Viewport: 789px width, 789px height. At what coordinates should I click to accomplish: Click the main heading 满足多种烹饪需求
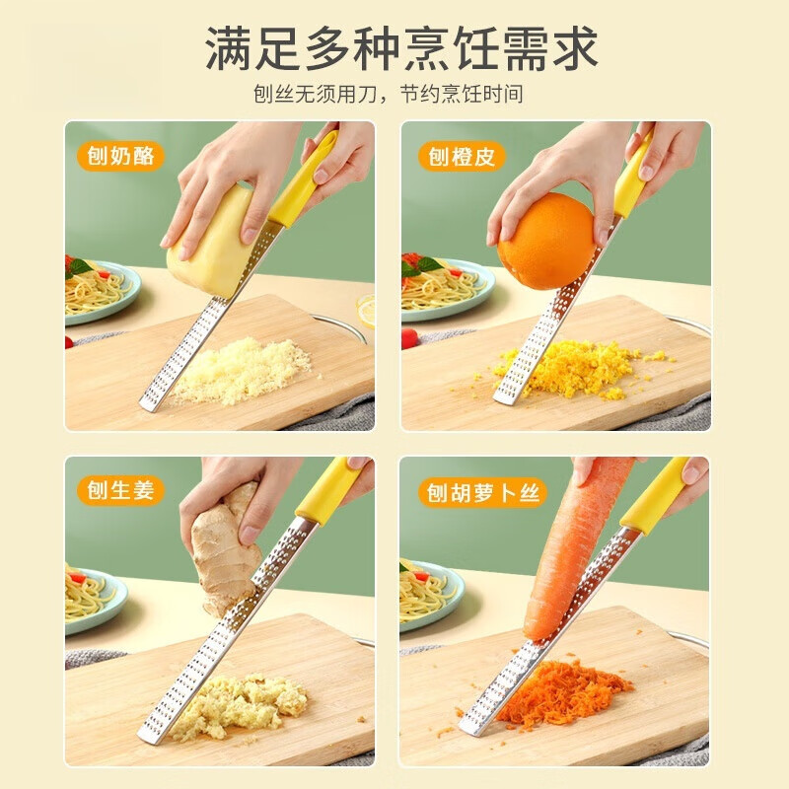[x=401, y=48]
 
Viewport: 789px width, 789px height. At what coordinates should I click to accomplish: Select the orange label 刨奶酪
[x=120, y=156]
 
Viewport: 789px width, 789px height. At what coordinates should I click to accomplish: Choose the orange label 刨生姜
[x=120, y=490]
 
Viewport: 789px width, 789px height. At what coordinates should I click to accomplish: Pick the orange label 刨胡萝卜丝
[x=482, y=491]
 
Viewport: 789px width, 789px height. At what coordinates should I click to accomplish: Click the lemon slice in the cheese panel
[x=367, y=310]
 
